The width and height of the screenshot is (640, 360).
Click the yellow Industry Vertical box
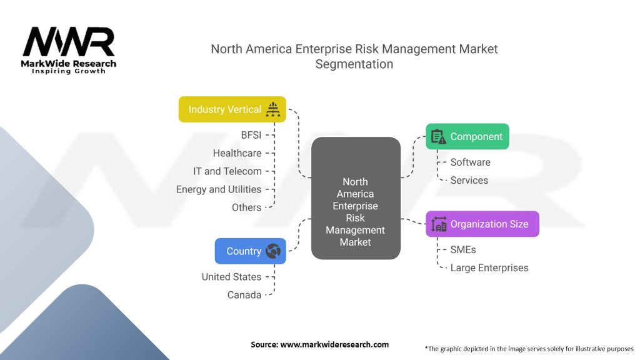pyautogui.click(x=232, y=109)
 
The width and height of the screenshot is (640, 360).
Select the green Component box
pyautogui.click(x=467, y=136)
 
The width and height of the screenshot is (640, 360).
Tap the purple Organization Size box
pyautogui.click(x=482, y=224)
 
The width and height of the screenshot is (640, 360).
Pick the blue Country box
pyautogui.click(x=250, y=251)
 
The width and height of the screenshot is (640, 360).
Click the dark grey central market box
pyautogui.click(x=356, y=198)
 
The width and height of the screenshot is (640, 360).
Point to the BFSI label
pyautogui.click(x=251, y=135)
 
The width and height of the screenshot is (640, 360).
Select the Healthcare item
pyautogui.click(x=237, y=153)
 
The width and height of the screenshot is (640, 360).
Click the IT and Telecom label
pyautogui.click(x=227, y=171)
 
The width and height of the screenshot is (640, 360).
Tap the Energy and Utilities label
pyautogui.click(x=219, y=189)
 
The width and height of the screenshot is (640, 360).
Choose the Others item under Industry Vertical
pyautogui.click(x=246, y=207)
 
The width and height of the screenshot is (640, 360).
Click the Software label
pyautogui.click(x=470, y=162)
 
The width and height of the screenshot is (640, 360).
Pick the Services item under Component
pyautogui.click(x=469, y=181)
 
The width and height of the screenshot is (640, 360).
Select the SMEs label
pyautogui.click(x=463, y=249)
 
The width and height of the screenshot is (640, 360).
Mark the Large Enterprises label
pyautogui.click(x=489, y=267)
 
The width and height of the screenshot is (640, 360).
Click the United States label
pyautogui.click(x=231, y=277)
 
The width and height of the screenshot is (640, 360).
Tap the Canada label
pyautogui.click(x=244, y=295)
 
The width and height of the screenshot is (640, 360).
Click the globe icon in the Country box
pyautogui.click(x=273, y=251)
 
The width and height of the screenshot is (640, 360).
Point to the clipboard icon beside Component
pyautogui.click(x=439, y=136)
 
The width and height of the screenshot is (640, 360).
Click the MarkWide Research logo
pyautogui.click(x=69, y=51)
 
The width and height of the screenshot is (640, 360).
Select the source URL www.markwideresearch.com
pyautogui.click(x=334, y=344)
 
